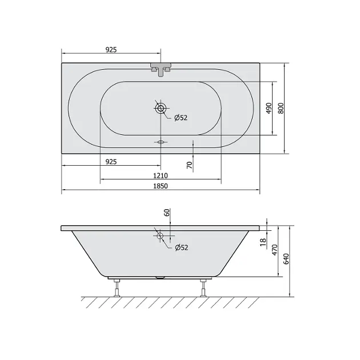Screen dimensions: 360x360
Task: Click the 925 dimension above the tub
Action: coord(111,50)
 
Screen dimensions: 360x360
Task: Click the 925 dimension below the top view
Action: coord(111,162)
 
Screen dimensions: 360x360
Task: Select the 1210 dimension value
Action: coord(161,175)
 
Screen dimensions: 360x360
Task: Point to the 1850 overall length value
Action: coord(161,186)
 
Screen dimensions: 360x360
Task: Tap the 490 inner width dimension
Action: coord(269,108)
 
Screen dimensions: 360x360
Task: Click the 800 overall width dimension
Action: coord(281,109)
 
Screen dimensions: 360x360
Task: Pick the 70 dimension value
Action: coord(190,165)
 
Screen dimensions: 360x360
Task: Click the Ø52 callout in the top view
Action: coord(181,118)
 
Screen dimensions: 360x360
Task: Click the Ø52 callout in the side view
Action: coord(182,247)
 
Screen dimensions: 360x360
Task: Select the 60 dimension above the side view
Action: coord(167,213)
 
